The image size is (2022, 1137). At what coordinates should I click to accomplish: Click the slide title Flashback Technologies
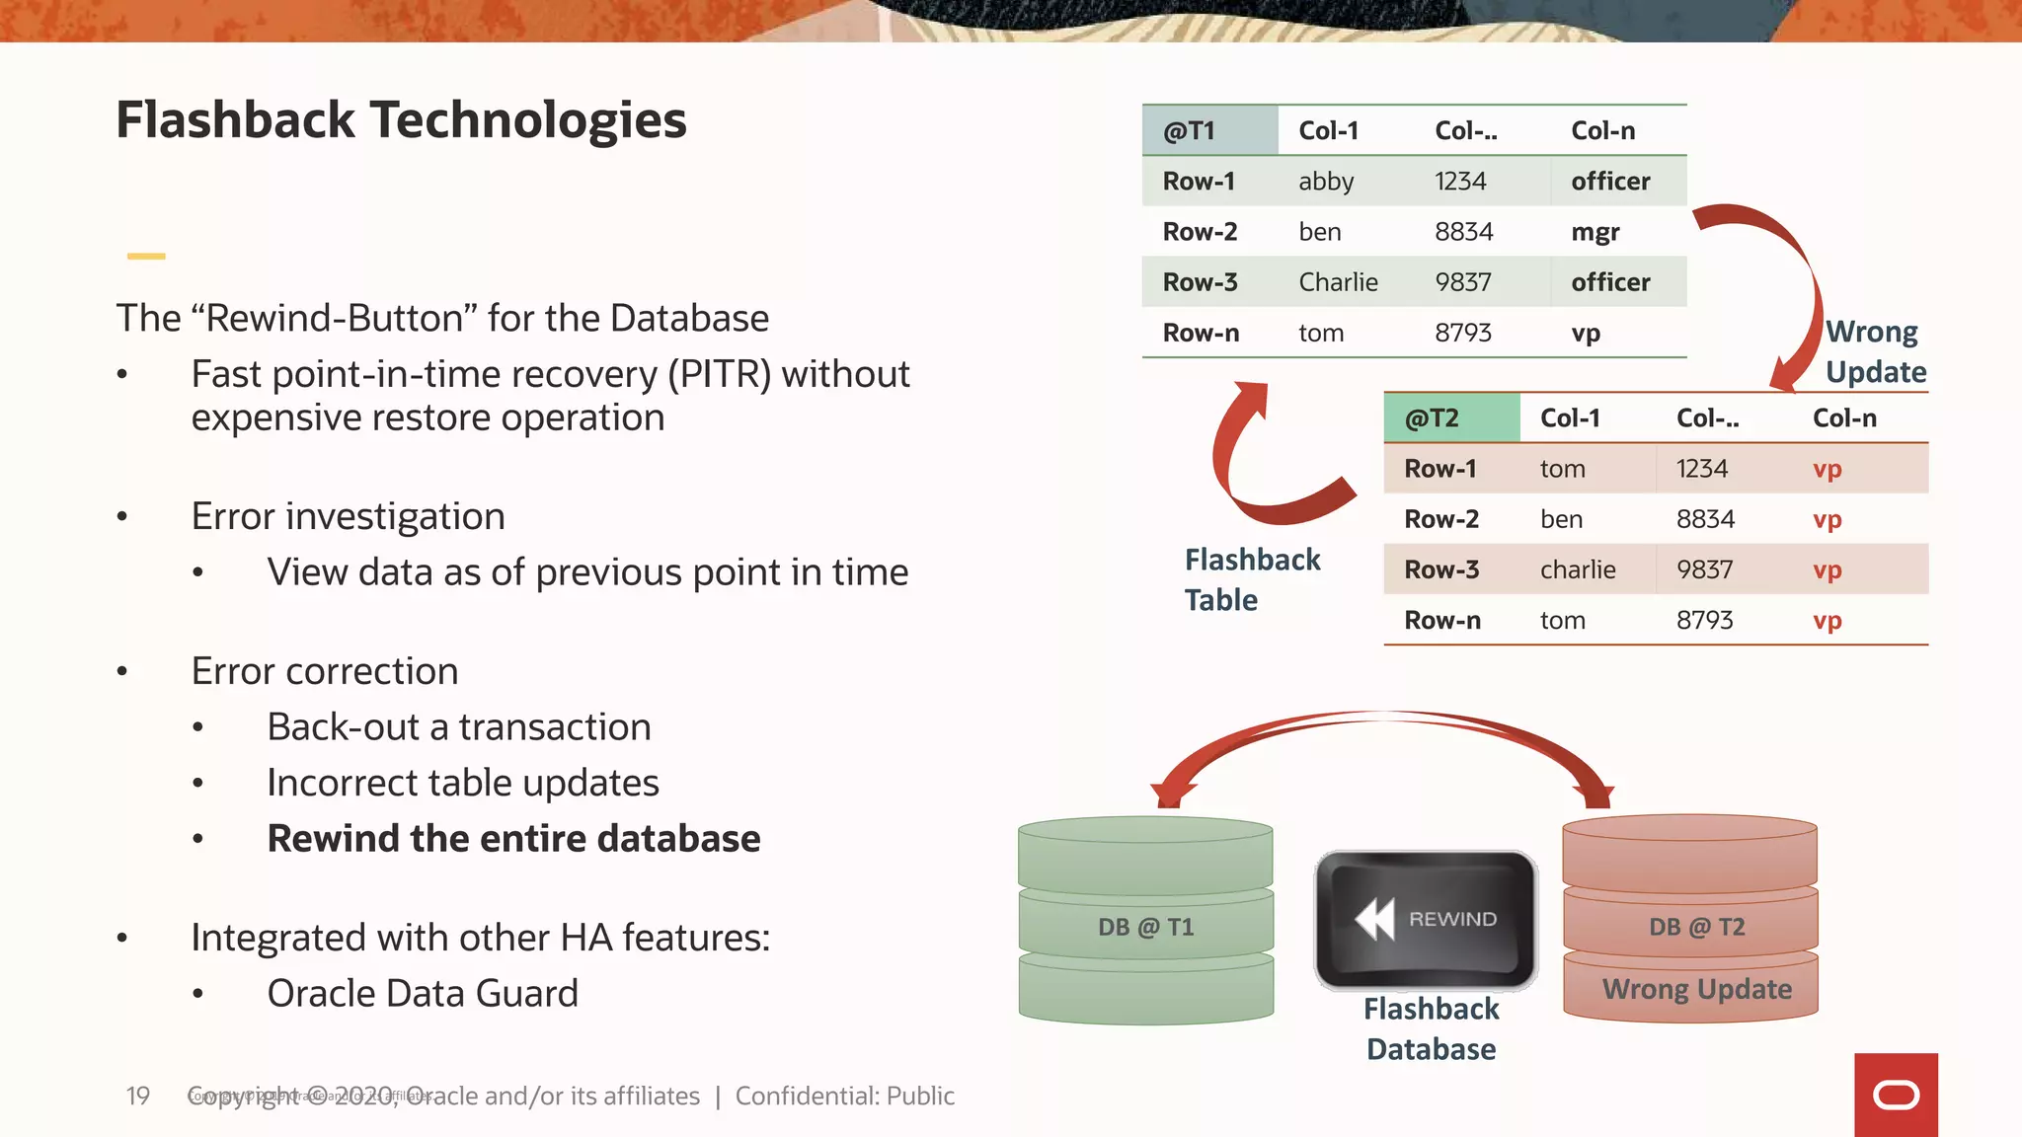pos(401,120)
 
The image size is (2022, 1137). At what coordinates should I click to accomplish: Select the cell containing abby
pos(1326,182)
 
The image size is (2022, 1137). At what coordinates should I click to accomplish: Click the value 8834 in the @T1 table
pos(1463,232)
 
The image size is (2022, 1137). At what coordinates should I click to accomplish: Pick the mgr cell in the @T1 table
pos(1594,232)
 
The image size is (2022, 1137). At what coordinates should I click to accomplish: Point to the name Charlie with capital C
pos(1338,282)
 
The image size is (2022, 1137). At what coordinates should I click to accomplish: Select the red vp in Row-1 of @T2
pos(1827,469)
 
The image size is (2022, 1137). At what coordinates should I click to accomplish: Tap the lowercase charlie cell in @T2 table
pos(1578,569)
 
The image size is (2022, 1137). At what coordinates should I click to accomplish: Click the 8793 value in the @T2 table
pos(1704,620)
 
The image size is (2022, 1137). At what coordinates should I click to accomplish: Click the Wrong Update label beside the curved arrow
pos(1874,351)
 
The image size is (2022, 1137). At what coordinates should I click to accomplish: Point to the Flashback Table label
pos(1251,579)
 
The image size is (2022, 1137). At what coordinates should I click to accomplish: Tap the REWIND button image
pos(1427,920)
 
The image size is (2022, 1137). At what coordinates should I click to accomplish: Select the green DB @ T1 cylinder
pos(1145,922)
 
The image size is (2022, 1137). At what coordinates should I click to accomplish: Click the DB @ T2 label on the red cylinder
pos(1696,927)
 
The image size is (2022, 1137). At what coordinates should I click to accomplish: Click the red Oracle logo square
pos(1896,1095)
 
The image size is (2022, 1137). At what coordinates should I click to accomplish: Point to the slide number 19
pos(137,1096)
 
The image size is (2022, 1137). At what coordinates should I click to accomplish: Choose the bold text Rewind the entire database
pos(513,839)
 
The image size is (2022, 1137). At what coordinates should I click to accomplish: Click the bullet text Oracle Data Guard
pos(423,993)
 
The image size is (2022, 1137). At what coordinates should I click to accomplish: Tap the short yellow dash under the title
pos(146,257)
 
